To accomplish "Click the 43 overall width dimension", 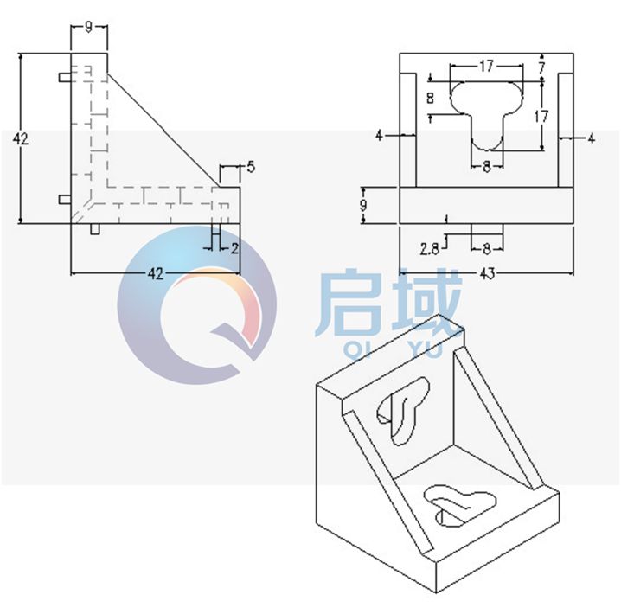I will click(486, 274).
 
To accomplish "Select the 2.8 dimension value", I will click(429, 249).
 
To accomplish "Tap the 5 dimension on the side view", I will click(249, 168).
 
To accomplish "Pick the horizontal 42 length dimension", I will click(155, 274).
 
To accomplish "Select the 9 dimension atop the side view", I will click(89, 27).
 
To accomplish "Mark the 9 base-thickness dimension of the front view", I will click(364, 205).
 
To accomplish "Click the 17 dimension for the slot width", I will click(486, 65).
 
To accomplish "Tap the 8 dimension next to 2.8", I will click(486, 249).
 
